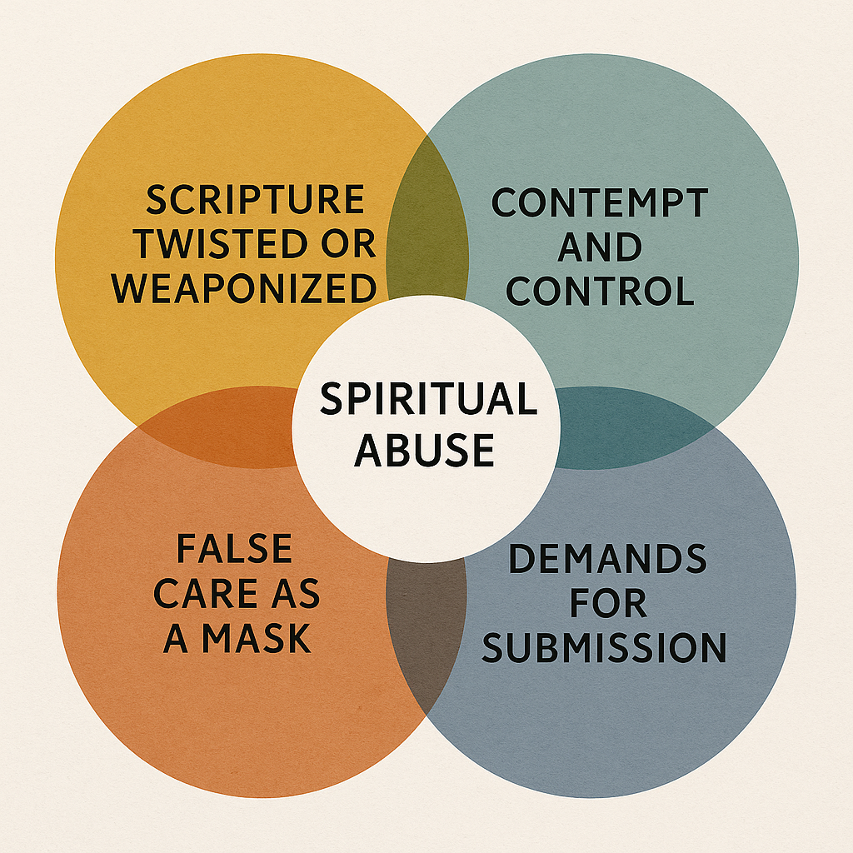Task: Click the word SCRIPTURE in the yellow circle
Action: click(x=255, y=201)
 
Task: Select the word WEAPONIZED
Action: click(x=245, y=289)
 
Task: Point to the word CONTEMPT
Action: click(x=600, y=203)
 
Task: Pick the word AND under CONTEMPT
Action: click(x=600, y=247)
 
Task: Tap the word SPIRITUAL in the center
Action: click(x=428, y=399)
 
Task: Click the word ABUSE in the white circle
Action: click(x=425, y=450)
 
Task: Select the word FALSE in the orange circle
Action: click(x=234, y=550)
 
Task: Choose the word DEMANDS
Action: click(x=607, y=560)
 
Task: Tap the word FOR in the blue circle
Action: click(x=607, y=604)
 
